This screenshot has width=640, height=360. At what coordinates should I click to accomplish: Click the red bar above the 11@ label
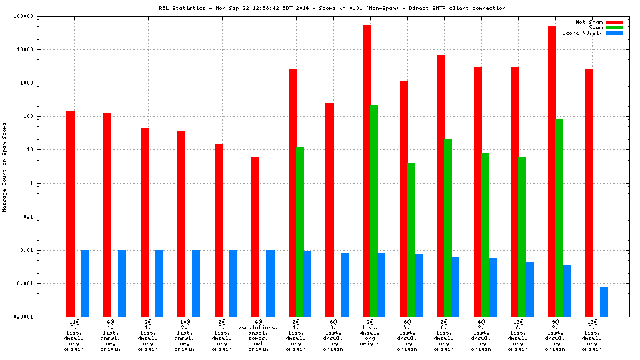pos(70,214)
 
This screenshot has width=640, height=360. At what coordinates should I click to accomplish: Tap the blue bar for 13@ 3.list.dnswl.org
pos(603,301)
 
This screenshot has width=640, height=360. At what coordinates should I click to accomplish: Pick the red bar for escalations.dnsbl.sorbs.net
pos(255,237)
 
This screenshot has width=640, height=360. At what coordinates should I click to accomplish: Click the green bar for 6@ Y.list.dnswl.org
pos(411,239)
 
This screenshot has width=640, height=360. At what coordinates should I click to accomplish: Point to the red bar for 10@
pos(181,224)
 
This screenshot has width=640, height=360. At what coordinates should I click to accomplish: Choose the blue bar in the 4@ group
pos(493,287)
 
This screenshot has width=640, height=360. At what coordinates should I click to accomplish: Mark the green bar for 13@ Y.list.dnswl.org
pos(522,237)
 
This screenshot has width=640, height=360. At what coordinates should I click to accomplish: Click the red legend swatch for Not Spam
pos(614,22)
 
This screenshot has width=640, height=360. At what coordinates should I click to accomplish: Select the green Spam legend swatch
pos(614,27)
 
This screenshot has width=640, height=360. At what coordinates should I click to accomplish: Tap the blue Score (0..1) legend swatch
pos(614,33)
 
